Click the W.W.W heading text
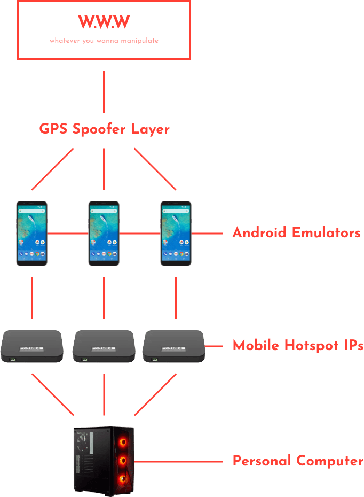pos(104,22)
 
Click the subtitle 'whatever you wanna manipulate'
pos(104,41)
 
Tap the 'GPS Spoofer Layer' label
pos(104,129)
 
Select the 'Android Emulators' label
pos(296,233)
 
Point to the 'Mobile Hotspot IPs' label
pos(298,346)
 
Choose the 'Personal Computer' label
pos(298,461)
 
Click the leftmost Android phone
pos(31,234)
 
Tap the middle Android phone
pos(104,234)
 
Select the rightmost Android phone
pos(176,234)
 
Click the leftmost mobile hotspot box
pos(32,346)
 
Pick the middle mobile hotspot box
pos(103,346)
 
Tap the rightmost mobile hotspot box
pos(174,346)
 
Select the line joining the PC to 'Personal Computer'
pos(179,461)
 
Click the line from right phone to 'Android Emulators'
pos(207,234)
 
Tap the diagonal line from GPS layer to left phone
pos(53,169)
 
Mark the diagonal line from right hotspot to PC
pos(155,394)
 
